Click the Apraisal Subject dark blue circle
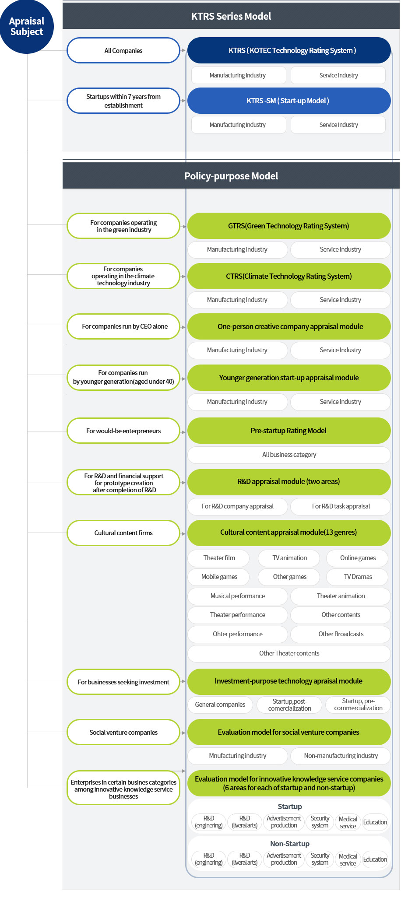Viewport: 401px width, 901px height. point(27,26)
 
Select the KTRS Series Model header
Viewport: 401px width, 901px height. point(231,16)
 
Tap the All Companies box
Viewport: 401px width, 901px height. point(123,50)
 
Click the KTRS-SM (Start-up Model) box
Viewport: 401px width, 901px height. point(289,101)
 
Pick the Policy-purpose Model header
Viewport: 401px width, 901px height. point(231,176)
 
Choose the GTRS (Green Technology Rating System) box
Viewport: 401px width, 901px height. point(289,226)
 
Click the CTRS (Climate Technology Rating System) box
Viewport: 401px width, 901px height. point(289,276)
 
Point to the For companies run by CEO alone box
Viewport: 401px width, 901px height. point(123,326)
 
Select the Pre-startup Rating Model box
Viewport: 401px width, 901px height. point(289,431)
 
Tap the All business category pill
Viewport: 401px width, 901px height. point(289,455)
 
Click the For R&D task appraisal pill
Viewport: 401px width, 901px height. point(341,506)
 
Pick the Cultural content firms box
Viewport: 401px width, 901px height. point(123,533)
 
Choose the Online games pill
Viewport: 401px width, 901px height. point(358,558)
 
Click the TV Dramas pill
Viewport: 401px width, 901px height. point(358,577)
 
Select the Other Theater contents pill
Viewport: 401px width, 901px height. point(289,653)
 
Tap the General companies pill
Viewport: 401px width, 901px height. point(220,705)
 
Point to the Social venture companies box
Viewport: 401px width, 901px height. point(123,733)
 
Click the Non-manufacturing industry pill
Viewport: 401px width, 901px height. point(341,756)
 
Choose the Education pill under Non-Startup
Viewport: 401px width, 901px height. point(375,859)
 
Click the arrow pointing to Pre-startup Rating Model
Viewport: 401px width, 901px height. point(183,432)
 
